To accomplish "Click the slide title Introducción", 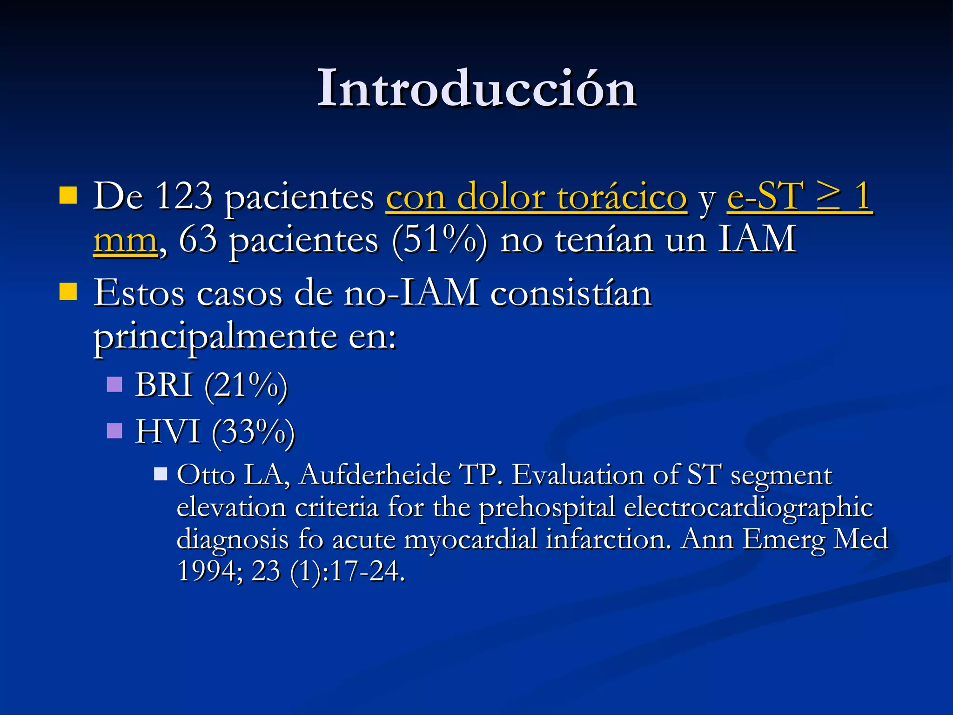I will pyautogui.click(x=476, y=88).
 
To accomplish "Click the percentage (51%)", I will pyautogui.click(x=440, y=240).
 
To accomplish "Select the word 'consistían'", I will pyautogui.click(x=570, y=293).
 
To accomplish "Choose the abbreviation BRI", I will pyautogui.click(x=164, y=385).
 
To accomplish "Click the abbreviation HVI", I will pyautogui.click(x=168, y=432).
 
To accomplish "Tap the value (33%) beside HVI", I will pyautogui.click(x=253, y=433).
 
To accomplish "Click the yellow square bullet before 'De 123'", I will pyautogui.click(x=68, y=196).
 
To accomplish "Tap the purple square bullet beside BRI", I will pyautogui.click(x=114, y=384).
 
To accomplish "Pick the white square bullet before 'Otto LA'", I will pyautogui.click(x=161, y=474).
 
